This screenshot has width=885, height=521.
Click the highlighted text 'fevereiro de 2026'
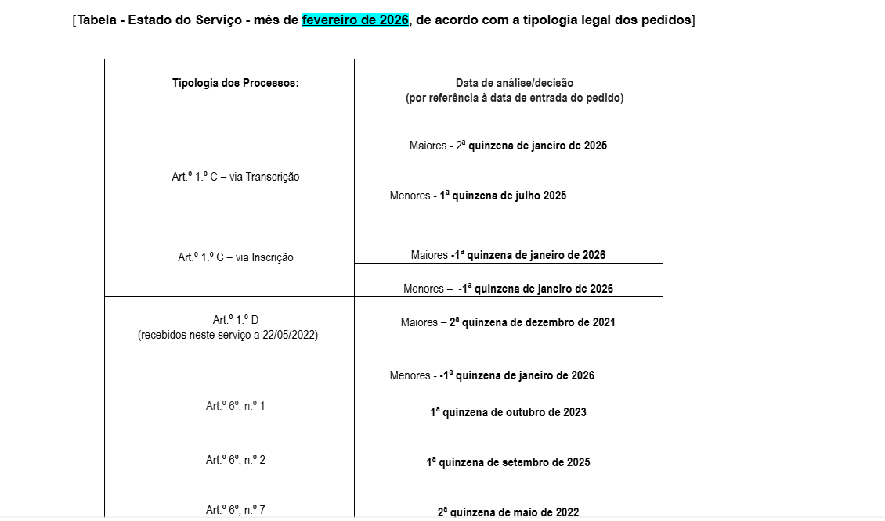tap(356, 20)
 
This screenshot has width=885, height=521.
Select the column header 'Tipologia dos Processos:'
tap(236, 83)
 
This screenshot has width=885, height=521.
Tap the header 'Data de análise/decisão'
tap(515, 83)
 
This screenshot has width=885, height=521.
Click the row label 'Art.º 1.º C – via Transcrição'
tap(236, 177)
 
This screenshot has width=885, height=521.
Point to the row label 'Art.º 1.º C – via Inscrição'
tap(236, 257)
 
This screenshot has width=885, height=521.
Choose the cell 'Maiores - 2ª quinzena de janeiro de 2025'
tap(508, 146)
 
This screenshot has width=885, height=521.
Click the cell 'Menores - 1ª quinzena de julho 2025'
tap(478, 196)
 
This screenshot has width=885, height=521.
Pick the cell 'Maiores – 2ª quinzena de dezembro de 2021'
tap(508, 322)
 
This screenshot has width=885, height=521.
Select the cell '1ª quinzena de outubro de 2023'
tap(508, 412)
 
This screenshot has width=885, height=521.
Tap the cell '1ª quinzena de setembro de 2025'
tap(508, 462)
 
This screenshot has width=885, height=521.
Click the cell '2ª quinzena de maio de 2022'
tap(508, 512)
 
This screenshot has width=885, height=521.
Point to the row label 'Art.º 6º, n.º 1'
tap(236, 406)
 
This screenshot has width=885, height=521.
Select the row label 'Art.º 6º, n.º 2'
tap(236, 460)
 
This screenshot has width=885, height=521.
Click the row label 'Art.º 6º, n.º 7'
tap(236, 510)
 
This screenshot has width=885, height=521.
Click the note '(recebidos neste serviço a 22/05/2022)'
tap(228, 335)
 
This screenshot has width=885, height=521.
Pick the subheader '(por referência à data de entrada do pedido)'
tap(515, 98)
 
